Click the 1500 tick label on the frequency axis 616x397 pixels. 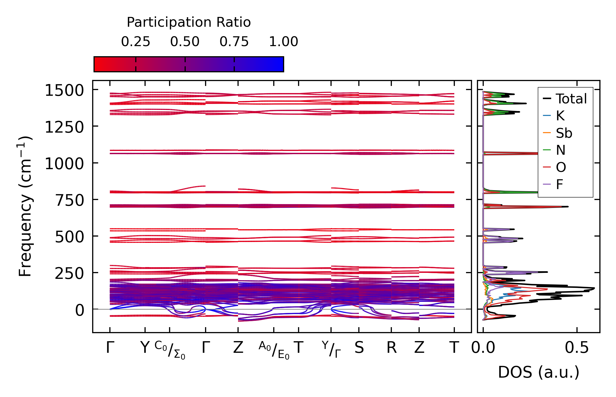pos(64,90)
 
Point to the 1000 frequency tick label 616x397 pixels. pos(64,164)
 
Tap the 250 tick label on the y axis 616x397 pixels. pos(69,273)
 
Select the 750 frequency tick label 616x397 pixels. pos(69,201)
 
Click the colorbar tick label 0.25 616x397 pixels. pos(136,42)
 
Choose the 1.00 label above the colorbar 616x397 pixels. pos(284,42)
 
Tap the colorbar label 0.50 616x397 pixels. pos(185,42)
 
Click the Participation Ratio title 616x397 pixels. pos(189,22)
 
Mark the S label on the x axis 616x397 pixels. pos(359,348)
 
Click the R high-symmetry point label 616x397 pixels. pos(392,348)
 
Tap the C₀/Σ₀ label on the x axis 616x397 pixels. pos(170,350)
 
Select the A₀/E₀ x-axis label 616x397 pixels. pos(274,350)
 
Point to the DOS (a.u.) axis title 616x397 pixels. pos(539,372)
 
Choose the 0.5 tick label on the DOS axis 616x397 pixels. pos(577,348)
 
